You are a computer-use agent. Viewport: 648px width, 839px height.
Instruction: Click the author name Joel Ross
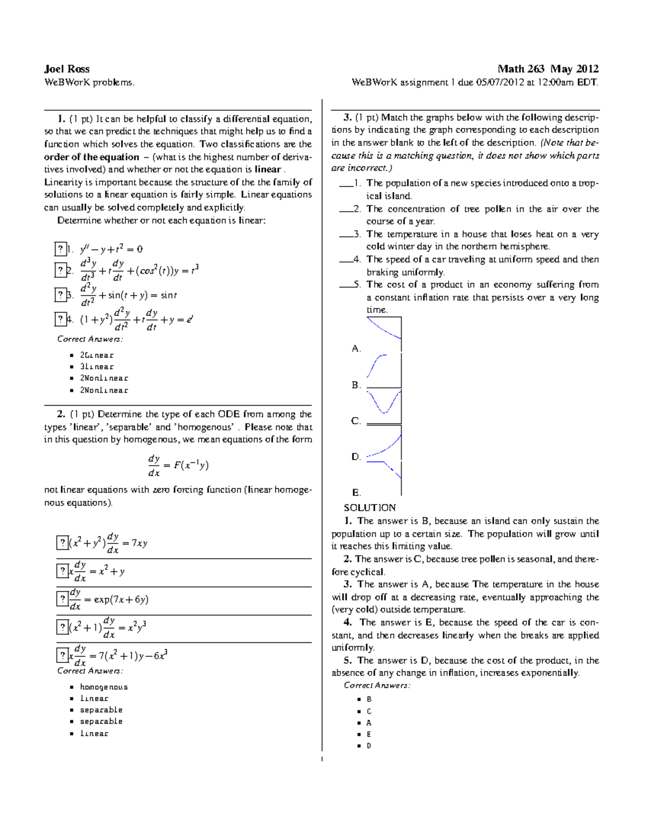pyautogui.click(x=66, y=69)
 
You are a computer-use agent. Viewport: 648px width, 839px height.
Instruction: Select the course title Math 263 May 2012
pyautogui.click(x=548, y=69)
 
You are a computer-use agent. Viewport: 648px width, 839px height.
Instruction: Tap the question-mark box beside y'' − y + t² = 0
pyautogui.click(x=60, y=249)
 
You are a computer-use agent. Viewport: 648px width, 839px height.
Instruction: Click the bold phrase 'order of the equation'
pyautogui.click(x=91, y=157)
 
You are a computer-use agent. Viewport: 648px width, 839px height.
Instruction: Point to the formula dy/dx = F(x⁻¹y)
pyautogui.click(x=178, y=465)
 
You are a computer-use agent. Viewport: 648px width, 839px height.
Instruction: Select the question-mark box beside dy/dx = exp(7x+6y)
pyautogui.click(x=62, y=599)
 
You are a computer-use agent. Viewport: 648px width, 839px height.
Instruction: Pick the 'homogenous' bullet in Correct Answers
pyautogui.click(x=104, y=687)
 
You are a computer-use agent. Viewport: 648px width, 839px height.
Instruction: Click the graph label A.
pyautogui.click(x=356, y=348)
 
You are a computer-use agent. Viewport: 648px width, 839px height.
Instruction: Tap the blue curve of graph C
pyautogui.click(x=384, y=404)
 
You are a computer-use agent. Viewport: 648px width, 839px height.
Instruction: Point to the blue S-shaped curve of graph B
pyautogui.click(x=376, y=365)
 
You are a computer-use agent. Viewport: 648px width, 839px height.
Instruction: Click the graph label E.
pyautogui.click(x=356, y=492)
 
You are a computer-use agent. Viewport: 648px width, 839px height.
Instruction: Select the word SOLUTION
pyautogui.click(x=369, y=507)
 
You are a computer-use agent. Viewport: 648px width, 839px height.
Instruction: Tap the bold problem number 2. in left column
pyautogui.click(x=60, y=414)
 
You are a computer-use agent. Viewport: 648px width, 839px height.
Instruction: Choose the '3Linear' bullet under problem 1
pyautogui.click(x=97, y=367)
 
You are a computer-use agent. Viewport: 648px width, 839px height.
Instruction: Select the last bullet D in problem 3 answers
pyautogui.click(x=369, y=746)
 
